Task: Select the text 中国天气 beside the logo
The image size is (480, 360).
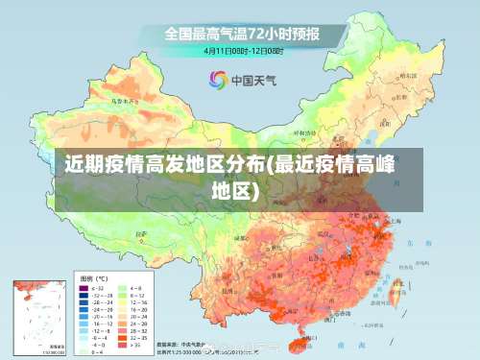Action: point(254,81)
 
